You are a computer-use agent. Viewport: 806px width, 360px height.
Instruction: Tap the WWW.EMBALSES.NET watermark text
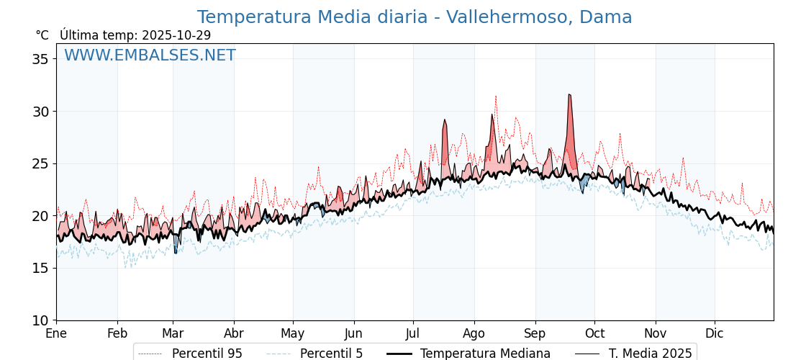click(150, 55)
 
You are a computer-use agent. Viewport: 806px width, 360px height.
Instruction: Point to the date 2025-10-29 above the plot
click(176, 35)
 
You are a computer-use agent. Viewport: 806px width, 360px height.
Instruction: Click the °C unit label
click(42, 35)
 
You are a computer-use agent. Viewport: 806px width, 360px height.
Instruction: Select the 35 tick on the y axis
click(40, 59)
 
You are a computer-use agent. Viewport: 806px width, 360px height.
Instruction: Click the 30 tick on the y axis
click(40, 112)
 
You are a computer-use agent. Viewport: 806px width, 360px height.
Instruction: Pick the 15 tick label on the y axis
click(40, 268)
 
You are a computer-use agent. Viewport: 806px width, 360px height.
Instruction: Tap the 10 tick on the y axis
click(40, 320)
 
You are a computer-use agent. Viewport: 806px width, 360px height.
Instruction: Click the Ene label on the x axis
click(56, 333)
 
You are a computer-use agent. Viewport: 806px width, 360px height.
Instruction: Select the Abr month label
click(234, 333)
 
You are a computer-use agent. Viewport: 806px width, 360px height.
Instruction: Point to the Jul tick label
click(413, 333)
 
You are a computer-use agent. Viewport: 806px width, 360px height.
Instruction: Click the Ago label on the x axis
click(474, 333)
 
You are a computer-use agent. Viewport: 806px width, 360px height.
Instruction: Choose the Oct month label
click(594, 333)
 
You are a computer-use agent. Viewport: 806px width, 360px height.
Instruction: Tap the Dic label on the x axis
click(715, 333)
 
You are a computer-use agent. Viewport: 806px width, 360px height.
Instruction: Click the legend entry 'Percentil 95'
click(207, 354)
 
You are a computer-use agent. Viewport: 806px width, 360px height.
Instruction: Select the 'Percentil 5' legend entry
click(331, 354)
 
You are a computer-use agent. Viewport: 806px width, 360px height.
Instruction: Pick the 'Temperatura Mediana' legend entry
click(485, 354)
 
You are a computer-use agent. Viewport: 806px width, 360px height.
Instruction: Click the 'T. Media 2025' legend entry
click(650, 354)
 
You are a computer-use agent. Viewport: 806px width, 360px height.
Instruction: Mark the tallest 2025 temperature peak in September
click(569, 94)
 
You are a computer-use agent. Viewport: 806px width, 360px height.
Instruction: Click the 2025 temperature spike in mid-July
click(445, 120)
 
